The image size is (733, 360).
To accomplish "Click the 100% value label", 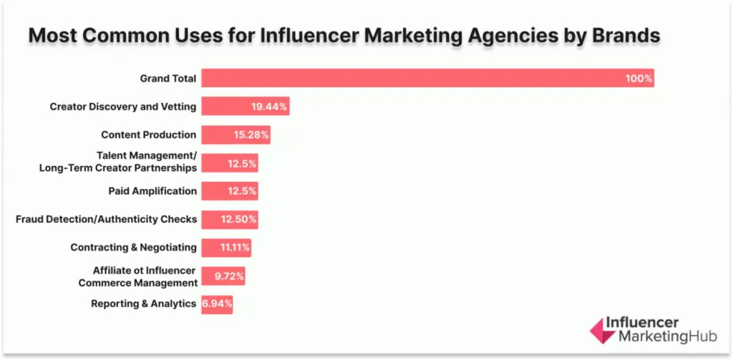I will click(x=638, y=78).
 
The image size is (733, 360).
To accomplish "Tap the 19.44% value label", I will click(x=269, y=107).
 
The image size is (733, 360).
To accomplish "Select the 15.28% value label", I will click(x=251, y=135).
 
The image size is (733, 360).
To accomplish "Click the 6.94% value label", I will click(x=218, y=304).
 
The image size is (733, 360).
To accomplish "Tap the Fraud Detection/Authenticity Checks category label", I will click(x=106, y=219).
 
